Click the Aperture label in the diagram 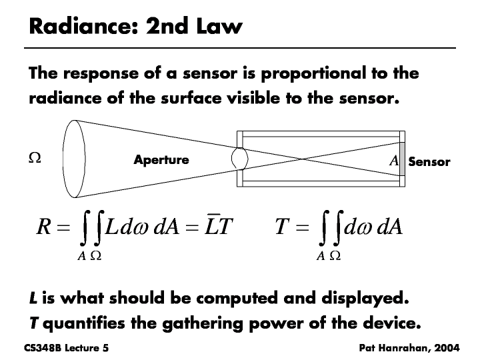click(161, 160)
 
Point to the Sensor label click(429, 162)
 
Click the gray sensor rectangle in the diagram click(402, 159)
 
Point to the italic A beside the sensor click(393, 161)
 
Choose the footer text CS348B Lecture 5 click(65, 349)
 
